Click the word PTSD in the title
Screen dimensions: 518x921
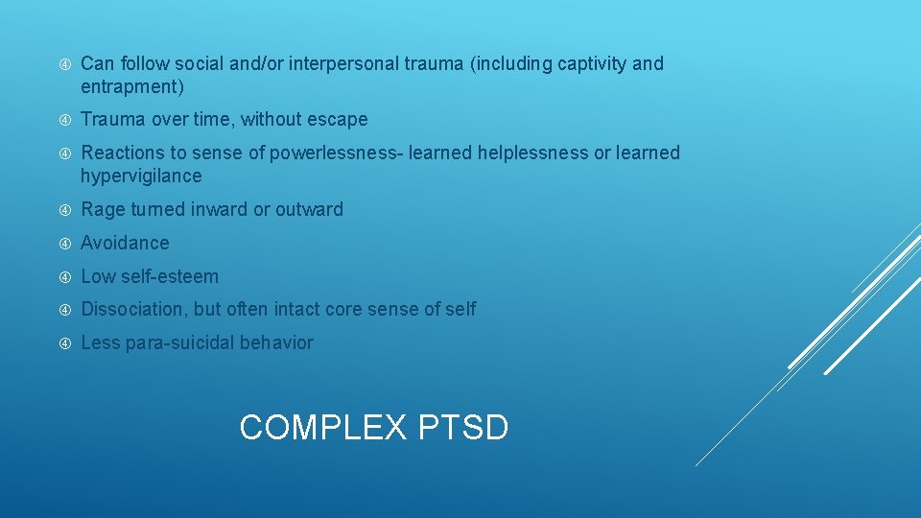tap(463, 427)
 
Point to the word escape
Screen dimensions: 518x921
tap(337, 120)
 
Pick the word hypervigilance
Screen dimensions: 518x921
tap(141, 177)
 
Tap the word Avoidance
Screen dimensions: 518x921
tap(125, 243)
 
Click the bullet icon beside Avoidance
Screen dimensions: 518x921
tap(64, 243)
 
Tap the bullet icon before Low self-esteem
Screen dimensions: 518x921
tap(64, 276)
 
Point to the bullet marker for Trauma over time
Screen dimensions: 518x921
tap(64, 120)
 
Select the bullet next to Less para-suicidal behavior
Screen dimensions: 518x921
tap(64, 342)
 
